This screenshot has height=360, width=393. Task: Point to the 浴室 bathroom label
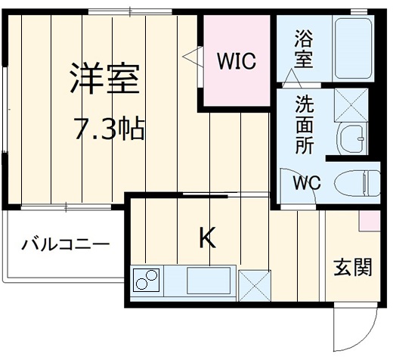point(303,50)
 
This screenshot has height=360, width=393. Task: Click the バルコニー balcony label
point(64,244)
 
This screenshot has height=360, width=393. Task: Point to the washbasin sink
point(351,138)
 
